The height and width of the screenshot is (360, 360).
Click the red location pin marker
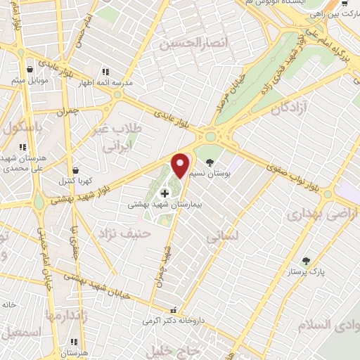(x=181, y=165)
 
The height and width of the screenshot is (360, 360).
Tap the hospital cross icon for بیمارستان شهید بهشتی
(x=165, y=193)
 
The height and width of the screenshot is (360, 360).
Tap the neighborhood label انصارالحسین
(x=185, y=44)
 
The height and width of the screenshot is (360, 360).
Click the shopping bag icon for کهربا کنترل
(x=76, y=170)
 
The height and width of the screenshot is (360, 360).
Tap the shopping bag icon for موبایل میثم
(x=30, y=70)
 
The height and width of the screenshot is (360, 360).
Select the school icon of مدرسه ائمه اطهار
(x=105, y=72)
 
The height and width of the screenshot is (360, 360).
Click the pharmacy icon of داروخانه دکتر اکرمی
(x=173, y=310)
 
